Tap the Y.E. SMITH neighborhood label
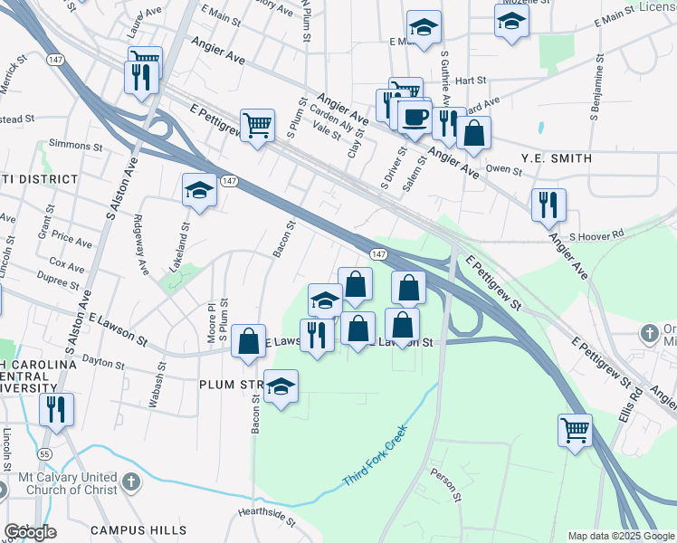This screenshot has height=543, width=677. (556, 158)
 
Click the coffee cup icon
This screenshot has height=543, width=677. (415, 117)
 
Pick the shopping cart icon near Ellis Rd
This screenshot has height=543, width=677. (575, 431)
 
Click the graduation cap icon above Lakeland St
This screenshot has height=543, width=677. (199, 190)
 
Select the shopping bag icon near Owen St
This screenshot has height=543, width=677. (473, 134)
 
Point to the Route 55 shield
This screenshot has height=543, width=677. (43, 451)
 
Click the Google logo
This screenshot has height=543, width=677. (30, 532)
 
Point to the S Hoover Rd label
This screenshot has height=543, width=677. (597, 234)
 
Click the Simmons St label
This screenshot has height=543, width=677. (77, 145)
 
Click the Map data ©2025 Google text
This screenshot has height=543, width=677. (621, 536)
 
